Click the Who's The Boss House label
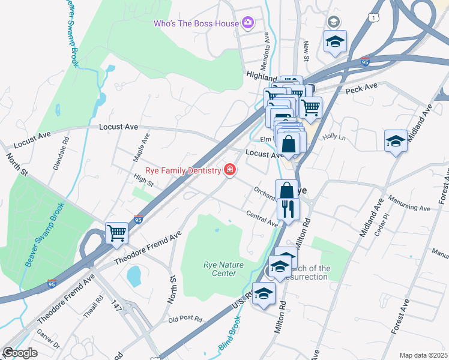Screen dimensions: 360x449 pos(196,23)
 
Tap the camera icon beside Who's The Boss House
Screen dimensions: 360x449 pos(248,23)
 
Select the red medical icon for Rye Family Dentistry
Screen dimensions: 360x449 pos(229,171)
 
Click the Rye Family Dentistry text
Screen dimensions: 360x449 pos(187,171)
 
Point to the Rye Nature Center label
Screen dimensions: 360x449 pos(219,269)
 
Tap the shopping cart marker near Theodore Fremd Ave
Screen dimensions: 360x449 pos(116,233)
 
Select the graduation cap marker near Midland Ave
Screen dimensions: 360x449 pos(395,141)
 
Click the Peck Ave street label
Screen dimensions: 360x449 pos(361,88)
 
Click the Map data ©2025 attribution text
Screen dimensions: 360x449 pos(423,355)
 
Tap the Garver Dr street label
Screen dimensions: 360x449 pos(49,341)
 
